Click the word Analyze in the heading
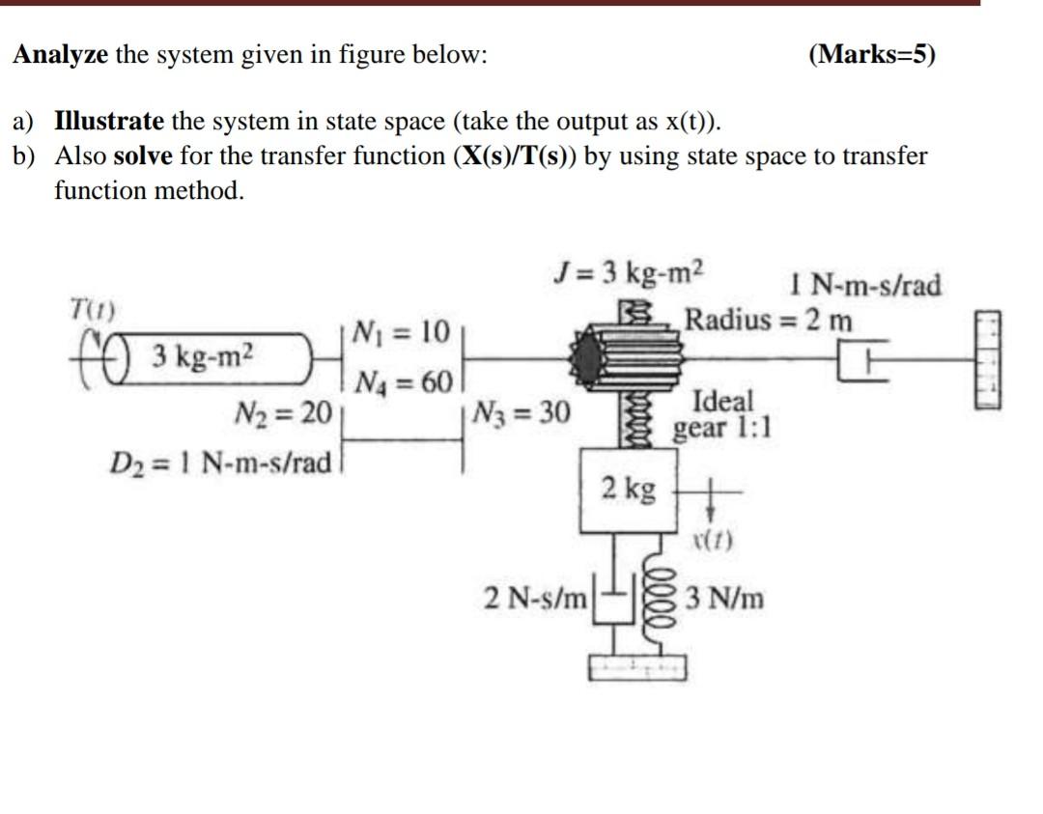coord(60,54)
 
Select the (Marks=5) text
coord(871,54)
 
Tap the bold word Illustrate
coord(109,122)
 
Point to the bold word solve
coord(143,156)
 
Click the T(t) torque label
coord(93,311)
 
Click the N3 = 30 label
coord(522,414)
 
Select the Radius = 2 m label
coord(769,319)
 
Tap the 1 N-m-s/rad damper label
coord(864,286)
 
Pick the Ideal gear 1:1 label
coord(722,413)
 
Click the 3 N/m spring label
coord(724,600)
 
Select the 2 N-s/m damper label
coord(536,599)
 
